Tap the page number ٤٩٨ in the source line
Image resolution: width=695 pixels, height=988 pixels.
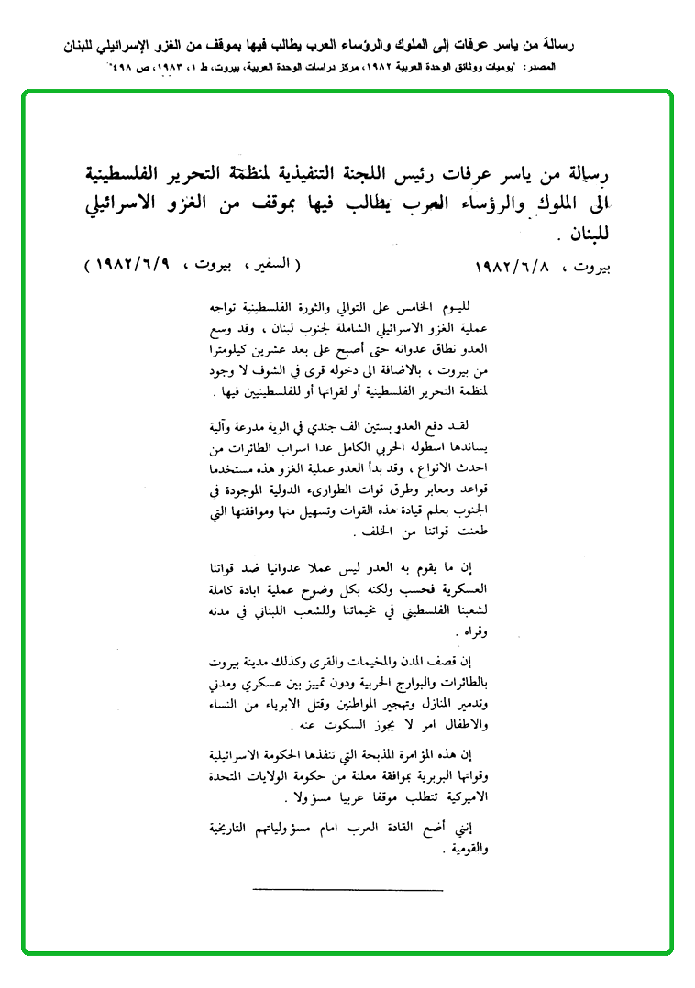point(127,69)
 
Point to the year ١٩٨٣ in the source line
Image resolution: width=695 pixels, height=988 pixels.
point(176,69)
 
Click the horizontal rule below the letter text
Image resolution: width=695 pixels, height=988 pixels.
point(347,890)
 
